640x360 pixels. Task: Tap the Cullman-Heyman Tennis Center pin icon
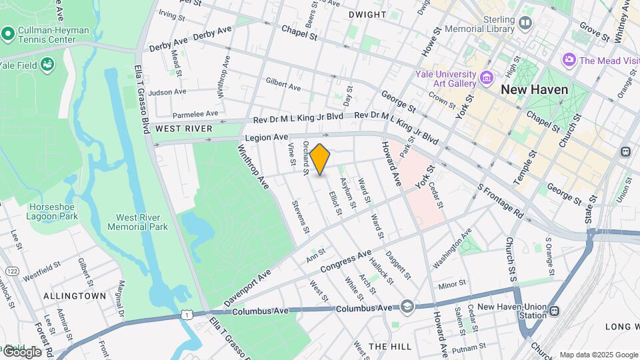coord(8,33)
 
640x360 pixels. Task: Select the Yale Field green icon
coord(47,64)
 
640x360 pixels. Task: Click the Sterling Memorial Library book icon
coord(525,24)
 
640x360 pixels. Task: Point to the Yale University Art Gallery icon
coord(487,78)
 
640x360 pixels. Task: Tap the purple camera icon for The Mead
coord(569,61)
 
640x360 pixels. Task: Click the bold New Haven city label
coord(534,89)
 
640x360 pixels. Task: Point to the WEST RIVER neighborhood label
coord(183,128)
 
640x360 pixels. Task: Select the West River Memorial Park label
coord(141,222)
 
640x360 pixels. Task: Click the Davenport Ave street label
coord(247,288)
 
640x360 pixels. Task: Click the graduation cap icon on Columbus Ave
coord(407,306)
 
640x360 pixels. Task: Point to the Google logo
coord(21,351)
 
